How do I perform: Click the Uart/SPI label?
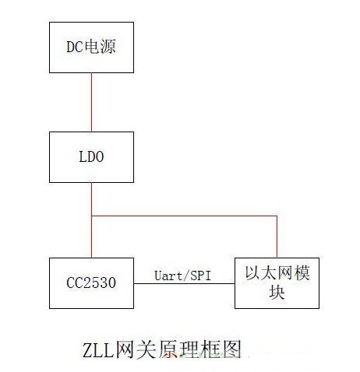[x=182, y=275]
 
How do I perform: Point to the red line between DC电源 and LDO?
[x=91, y=102]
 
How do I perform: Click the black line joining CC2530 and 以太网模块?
[x=185, y=283]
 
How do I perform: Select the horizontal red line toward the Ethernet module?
[x=184, y=216]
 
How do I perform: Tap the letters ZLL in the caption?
[x=98, y=350]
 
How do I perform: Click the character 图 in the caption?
[x=231, y=349]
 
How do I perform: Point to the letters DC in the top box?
[x=75, y=47]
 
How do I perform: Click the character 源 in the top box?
[x=108, y=47]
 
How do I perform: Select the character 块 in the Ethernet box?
[x=277, y=292]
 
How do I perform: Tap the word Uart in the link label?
[x=168, y=275]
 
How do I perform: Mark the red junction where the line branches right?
[x=91, y=216]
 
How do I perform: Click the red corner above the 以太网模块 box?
[x=277, y=216]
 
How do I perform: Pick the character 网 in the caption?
[x=125, y=349]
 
